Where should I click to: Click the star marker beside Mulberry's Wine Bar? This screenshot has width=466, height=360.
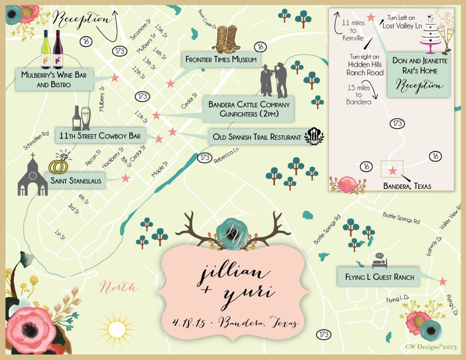pos(115,78)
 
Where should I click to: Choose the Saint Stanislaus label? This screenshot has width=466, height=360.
pos(76,181)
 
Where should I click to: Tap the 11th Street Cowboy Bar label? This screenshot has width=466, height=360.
pos(100,136)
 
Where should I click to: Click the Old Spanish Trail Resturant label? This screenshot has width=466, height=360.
pos(257,137)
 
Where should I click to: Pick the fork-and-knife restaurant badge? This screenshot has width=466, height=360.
pos(315,136)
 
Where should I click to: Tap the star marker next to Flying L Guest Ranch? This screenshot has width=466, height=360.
pos(443,282)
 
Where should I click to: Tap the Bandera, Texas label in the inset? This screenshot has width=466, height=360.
pos(407,186)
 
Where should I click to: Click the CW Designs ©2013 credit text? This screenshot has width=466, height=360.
pos(431,346)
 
